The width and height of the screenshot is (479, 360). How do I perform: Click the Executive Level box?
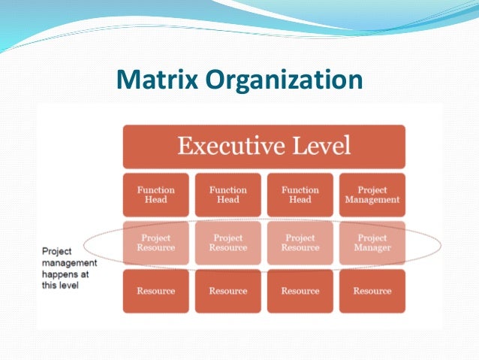point(264,146)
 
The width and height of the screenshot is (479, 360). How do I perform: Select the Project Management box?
point(372,195)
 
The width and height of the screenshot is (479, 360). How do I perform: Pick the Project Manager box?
point(372,243)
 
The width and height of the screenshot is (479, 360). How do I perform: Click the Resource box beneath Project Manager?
point(372,291)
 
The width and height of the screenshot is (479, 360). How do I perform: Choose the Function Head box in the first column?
point(155,195)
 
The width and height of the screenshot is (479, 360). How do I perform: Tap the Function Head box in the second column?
point(227,195)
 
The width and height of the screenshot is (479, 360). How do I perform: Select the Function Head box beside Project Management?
point(300,195)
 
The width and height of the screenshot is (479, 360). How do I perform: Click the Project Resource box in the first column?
point(155,243)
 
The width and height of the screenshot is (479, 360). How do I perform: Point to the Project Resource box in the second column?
point(227,243)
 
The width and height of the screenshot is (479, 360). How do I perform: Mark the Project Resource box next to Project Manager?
point(300,243)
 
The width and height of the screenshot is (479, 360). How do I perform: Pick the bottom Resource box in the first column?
point(155,291)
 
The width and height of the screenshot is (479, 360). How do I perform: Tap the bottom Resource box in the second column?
point(227,291)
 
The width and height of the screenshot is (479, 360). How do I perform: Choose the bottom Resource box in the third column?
point(300,291)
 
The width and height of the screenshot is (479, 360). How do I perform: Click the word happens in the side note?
point(58,275)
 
